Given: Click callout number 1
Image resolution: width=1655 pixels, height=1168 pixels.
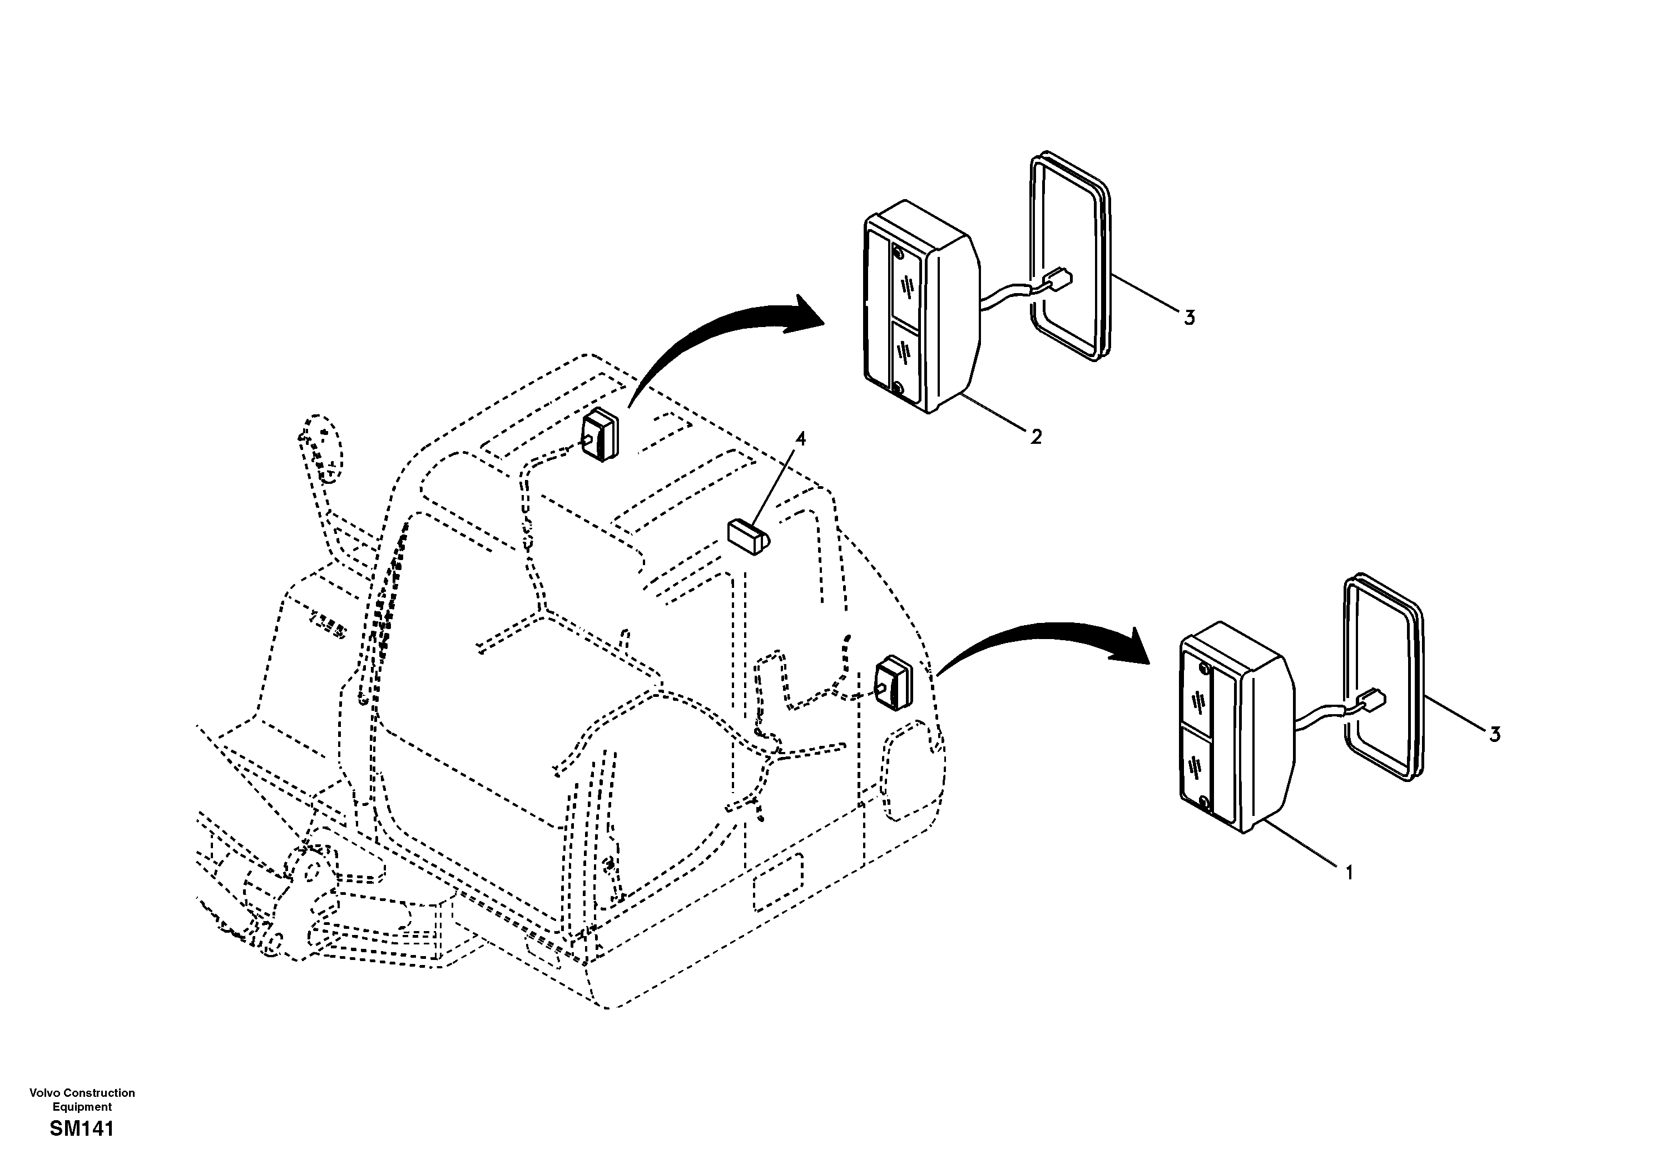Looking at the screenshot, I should (1349, 873).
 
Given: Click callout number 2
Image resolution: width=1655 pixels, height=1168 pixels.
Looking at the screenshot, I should (1036, 436).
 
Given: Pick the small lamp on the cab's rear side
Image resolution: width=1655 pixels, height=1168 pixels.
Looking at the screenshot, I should (893, 682).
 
